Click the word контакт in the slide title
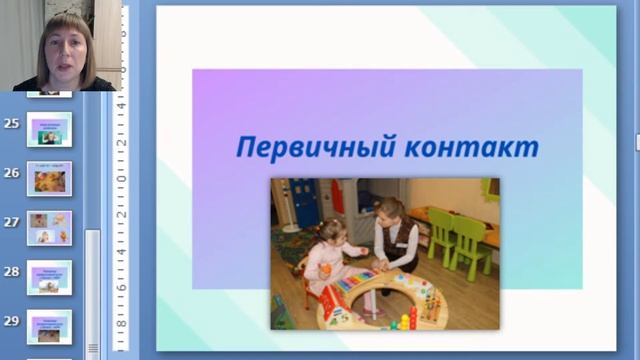474,148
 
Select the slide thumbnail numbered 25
49,127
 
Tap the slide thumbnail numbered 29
49,324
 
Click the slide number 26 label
12,172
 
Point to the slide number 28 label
12,271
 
